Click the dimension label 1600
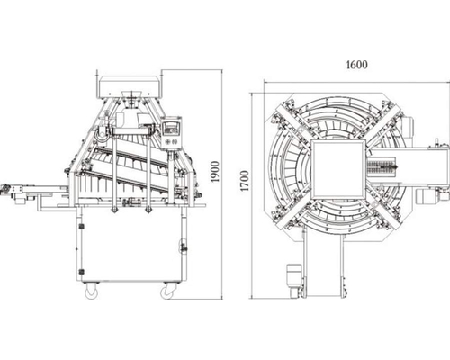[356, 65]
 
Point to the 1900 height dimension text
[215, 172]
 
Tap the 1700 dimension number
[245, 181]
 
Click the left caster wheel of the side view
[91, 292]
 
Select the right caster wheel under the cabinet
[167, 292]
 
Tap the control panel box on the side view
[172, 132]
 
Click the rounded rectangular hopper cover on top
[130, 87]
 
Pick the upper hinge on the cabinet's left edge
[80, 227]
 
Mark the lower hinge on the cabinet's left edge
[80, 272]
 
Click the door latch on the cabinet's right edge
[183, 246]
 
